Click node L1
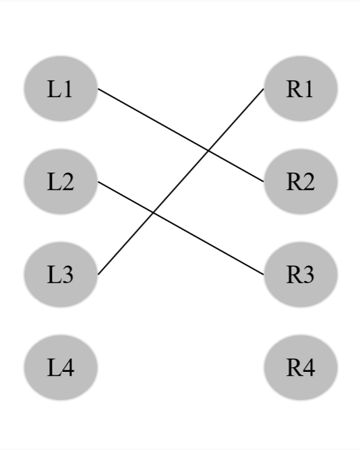coord(61,89)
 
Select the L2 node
coord(61,182)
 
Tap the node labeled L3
coord(61,275)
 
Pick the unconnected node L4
coord(61,368)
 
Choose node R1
coord(300,89)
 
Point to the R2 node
coord(300,182)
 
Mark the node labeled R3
coord(300,275)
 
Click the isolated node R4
coord(300,368)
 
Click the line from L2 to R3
coord(202,240)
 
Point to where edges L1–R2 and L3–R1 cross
coord(208,151)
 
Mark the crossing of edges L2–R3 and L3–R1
coord(153,213)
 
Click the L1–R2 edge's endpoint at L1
coord(98,89)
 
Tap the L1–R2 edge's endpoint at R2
coord(263,182)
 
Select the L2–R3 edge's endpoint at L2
coord(98,182)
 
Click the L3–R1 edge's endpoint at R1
coord(263,89)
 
